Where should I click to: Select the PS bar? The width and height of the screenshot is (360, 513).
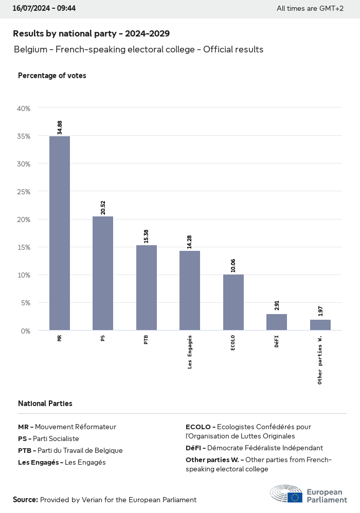tap(103, 273)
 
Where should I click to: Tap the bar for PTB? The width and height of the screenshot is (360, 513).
tap(147, 287)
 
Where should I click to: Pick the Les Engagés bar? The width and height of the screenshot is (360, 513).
tap(190, 290)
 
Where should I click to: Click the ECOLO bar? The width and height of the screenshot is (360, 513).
tap(233, 302)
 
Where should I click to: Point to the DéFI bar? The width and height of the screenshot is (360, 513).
tap(277, 322)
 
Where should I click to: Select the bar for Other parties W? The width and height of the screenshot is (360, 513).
tap(320, 325)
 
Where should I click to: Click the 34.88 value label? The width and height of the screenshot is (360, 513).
tap(60, 127)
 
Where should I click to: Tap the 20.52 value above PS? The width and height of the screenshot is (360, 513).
tap(103, 208)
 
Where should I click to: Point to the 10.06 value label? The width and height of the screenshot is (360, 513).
tap(233, 266)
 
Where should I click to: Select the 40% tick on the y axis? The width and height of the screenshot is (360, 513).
tap(24, 108)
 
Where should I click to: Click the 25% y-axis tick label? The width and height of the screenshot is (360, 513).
tap(24, 192)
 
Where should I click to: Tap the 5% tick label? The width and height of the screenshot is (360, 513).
tap(26, 303)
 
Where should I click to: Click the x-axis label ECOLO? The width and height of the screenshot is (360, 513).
tap(233, 343)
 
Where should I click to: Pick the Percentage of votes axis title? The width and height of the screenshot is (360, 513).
tap(52, 76)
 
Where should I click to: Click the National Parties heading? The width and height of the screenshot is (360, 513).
tap(45, 404)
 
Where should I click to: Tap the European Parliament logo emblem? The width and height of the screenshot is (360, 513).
tap(286, 493)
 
